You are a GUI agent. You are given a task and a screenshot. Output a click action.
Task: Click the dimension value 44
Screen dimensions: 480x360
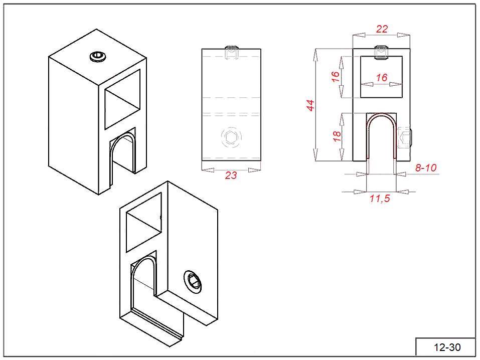click(310, 105)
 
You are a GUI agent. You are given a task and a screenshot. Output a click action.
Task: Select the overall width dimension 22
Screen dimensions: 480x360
click(382, 29)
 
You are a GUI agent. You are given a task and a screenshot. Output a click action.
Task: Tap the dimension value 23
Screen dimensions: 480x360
click(231, 175)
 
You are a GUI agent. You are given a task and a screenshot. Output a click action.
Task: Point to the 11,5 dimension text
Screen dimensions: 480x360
click(380, 199)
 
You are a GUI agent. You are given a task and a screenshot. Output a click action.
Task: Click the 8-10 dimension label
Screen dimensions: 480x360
click(426, 168)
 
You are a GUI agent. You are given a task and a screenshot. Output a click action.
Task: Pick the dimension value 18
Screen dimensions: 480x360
click(337, 136)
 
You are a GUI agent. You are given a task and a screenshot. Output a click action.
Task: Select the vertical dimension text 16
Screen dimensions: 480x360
click(336, 76)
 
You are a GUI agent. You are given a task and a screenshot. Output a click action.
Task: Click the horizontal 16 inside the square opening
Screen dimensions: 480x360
click(382, 77)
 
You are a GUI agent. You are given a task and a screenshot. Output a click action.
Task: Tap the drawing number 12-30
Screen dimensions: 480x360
click(447, 347)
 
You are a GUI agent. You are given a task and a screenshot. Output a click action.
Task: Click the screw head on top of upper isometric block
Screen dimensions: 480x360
click(98, 56)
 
